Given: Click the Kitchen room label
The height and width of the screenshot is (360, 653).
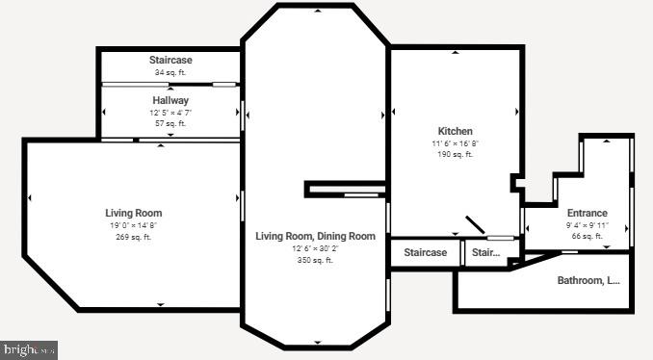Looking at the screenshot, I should pos(456,131).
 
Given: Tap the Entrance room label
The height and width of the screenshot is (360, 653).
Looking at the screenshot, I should pos(587,213).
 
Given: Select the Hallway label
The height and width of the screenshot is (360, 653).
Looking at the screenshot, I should pos(170,100).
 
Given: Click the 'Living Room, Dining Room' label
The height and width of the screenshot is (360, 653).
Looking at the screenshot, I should pos(315,236).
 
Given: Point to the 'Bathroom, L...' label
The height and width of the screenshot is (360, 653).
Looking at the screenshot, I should pos(588,281).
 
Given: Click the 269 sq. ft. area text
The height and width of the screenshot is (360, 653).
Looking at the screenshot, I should pos(134,237).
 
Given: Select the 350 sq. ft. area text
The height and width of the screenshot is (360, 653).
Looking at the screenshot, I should pos(315,260).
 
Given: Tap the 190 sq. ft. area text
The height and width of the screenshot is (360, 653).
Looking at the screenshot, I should pos(456,154).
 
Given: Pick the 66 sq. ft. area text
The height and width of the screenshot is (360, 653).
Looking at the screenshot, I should pos(587,236).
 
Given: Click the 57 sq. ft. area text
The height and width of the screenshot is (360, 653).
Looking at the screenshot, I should pos(170,123).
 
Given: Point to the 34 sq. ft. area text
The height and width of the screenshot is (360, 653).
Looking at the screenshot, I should pos(170,72).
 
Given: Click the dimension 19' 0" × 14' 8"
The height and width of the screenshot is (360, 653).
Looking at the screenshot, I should pos(134,225).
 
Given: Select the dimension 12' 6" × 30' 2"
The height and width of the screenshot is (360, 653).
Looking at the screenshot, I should pos(315,248).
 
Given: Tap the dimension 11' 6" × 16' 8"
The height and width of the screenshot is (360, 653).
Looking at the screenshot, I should pos(456,142).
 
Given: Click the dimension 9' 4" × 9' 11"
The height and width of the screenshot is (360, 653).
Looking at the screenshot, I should pos(587,224).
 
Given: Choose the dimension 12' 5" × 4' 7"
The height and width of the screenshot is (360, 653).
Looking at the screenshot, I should pos(170,112).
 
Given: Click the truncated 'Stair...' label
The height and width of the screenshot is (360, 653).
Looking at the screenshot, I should pos(486,252).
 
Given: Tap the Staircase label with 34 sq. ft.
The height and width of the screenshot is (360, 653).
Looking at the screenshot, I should pos(170,60).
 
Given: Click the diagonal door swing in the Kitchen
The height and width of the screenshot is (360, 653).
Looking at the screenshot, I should pos(476,224).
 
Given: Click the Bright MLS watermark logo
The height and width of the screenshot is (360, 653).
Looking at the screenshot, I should pos(30,350).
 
